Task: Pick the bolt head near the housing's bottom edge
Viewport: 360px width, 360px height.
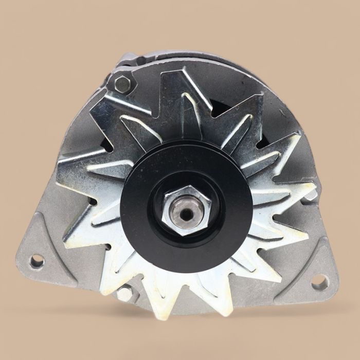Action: click(124, 293)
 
